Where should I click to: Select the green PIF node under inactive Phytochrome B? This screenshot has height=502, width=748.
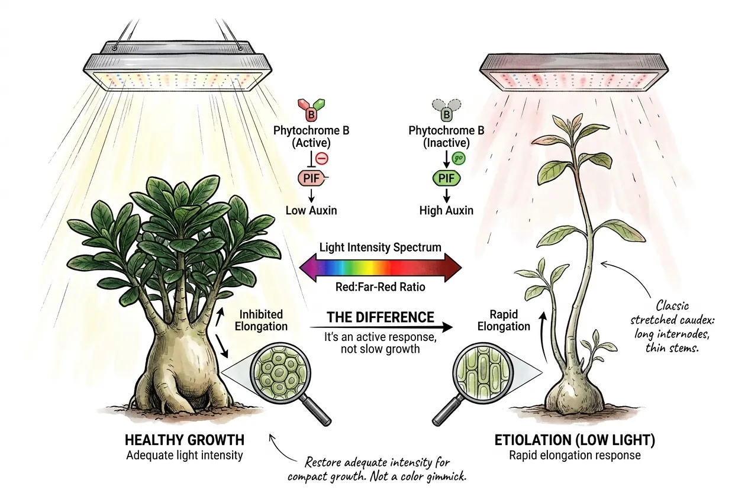[446, 178]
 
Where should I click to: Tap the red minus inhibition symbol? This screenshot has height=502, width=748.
[322, 158]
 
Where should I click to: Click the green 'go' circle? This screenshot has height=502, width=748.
[459, 158]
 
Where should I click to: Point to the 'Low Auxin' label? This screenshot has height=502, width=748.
[311, 210]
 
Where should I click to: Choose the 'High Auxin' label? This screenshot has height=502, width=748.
[446, 210]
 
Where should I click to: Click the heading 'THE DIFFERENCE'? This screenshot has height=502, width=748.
[381, 317]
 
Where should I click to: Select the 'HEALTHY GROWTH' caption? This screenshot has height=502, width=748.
[185, 440]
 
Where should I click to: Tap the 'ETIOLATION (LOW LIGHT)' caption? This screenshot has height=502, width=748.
[575, 440]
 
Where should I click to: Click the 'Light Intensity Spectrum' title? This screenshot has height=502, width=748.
[381, 247]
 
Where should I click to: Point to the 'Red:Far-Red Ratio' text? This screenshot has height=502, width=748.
[381, 287]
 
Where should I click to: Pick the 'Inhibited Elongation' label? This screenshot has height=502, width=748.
[261, 320]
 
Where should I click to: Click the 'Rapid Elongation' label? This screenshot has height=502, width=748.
[504, 320]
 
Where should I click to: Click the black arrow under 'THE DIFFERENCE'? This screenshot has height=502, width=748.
[381, 327]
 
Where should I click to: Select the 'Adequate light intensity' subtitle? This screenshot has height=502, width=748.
[185, 455]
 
